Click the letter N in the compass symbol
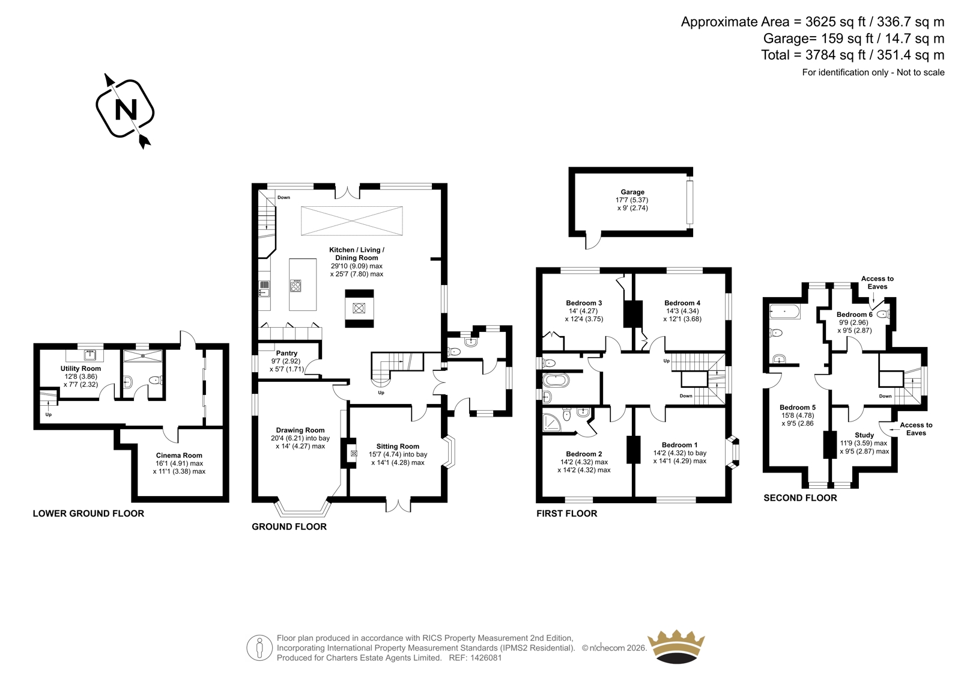click(126, 109)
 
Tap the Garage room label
click(632, 192)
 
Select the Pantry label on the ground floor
click(286, 353)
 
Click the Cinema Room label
click(179, 455)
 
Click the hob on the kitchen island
click(296, 286)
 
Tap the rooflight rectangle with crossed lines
click(352, 221)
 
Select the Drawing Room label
click(300, 430)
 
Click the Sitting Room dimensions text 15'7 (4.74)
click(386, 455)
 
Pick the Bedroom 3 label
click(584, 303)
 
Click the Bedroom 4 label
click(682, 303)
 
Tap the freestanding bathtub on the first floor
click(556, 381)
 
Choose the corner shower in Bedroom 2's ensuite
click(551, 422)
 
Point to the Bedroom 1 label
click(679, 445)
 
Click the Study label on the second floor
click(864, 435)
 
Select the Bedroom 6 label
click(855, 314)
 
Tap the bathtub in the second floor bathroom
click(784, 311)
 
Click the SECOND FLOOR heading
click(800, 498)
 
